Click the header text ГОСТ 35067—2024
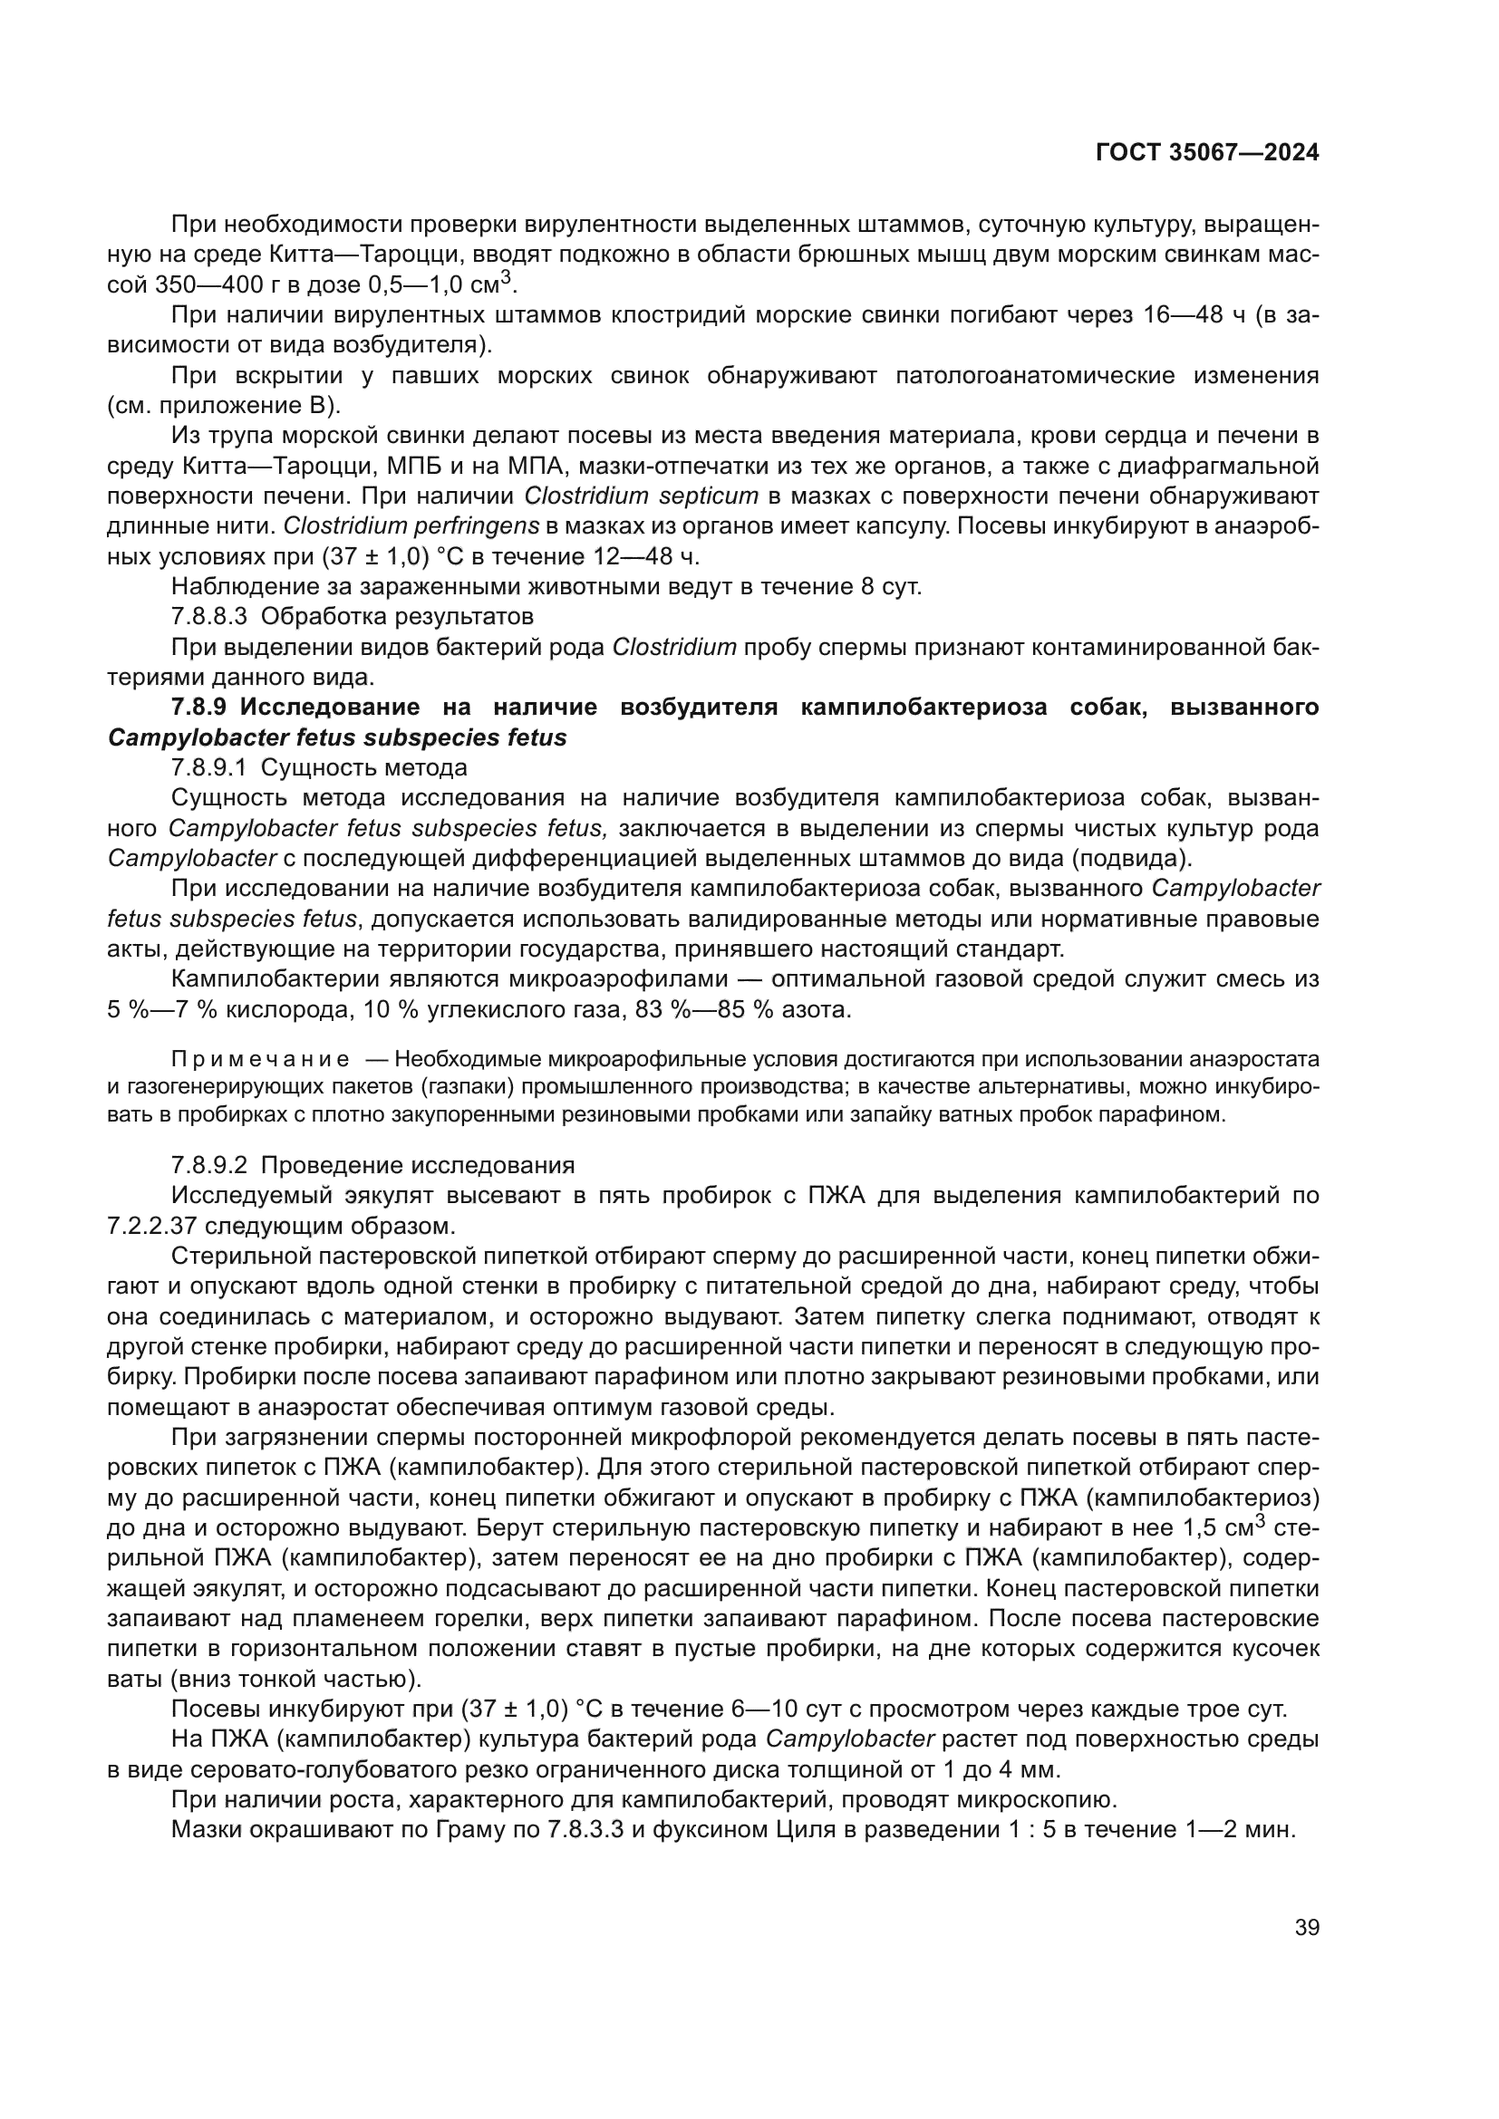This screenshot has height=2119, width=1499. pos(1207,153)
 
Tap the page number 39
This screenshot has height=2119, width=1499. pos(1307,1927)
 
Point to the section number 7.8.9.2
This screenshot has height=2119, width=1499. pos(209,1165)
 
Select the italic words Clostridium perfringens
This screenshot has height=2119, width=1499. pos(411,526)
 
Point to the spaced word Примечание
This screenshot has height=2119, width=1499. pos(260,1058)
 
